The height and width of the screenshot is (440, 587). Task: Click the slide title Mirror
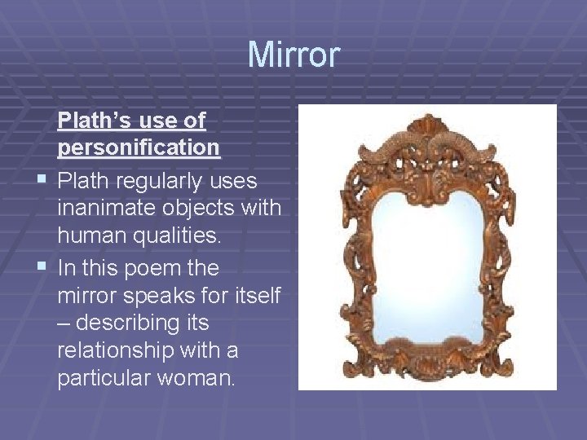point(293,55)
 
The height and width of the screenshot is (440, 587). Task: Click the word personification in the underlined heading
point(139,148)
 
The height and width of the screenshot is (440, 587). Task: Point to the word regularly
point(162,180)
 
